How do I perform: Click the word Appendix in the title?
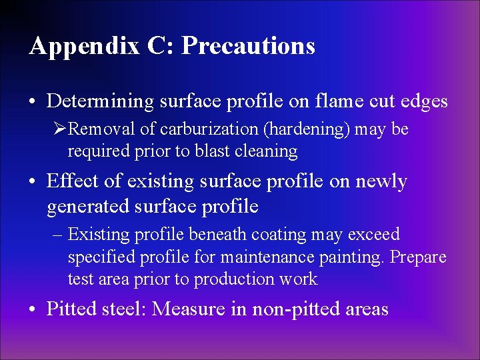tap(85, 46)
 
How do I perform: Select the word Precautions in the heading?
tap(248, 45)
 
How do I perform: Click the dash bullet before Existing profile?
tap(59, 235)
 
